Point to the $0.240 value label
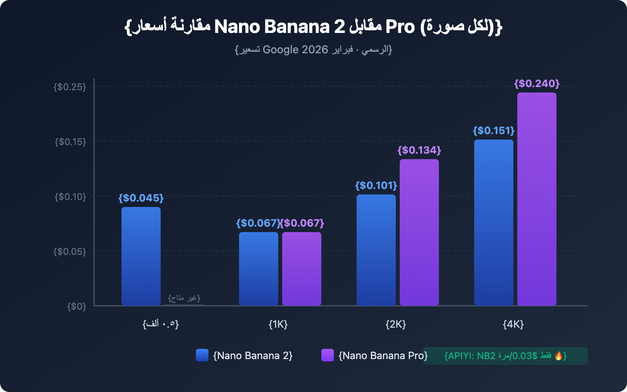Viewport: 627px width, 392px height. [x=537, y=83]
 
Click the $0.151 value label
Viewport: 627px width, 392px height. [x=494, y=131]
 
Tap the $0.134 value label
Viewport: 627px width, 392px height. [x=419, y=150]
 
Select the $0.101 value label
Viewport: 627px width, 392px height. [x=376, y=185]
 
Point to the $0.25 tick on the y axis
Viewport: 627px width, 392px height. [x=70, y=87]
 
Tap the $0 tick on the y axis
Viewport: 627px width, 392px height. [x=76, y=306]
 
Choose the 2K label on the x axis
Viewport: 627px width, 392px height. [x=396, y=324]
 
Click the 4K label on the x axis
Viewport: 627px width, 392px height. [x=513, y=324]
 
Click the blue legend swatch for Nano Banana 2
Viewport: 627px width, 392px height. [x=202, y=355]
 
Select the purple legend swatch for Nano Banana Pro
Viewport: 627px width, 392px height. [x=328, y=355]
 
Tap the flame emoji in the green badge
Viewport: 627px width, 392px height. [x=558, y=356]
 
